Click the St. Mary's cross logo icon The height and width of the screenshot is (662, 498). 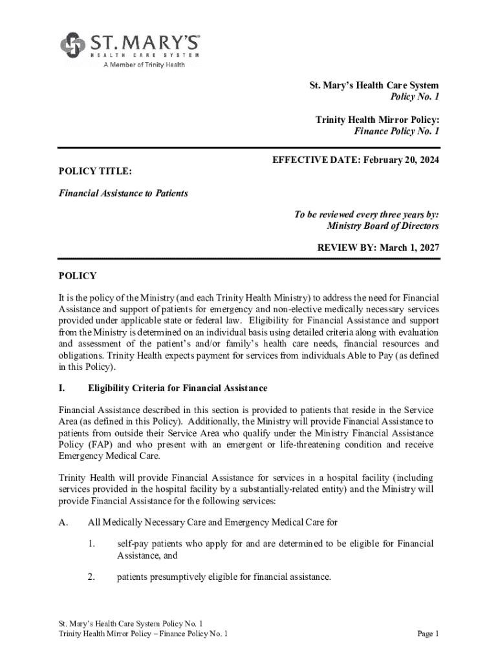(x=73, y=45)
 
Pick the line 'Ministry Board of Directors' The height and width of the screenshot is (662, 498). (x=383, y=226)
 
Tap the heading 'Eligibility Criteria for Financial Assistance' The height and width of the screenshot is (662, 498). (x=177, y=389)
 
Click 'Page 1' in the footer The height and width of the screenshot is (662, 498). (x=428, y=634)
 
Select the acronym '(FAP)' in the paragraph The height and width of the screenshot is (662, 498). (x=98, y=445)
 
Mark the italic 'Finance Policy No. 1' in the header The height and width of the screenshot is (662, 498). (x=396, y=131)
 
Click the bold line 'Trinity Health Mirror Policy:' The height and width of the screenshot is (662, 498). (x=377, y=120)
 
